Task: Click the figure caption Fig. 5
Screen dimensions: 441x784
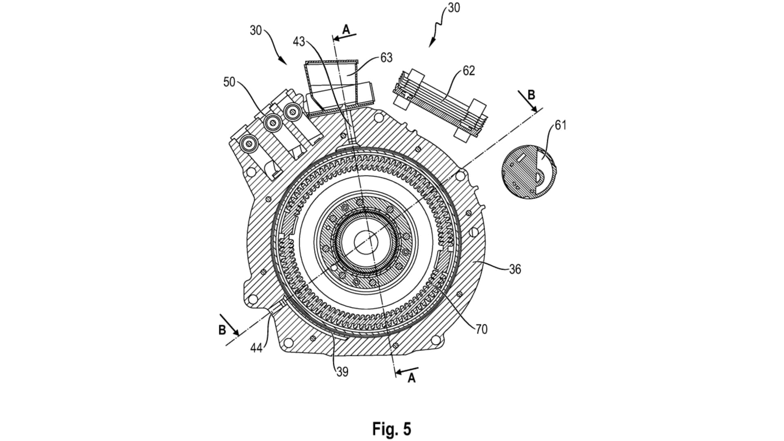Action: (391, 429)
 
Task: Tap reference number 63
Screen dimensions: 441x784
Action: (386, 58)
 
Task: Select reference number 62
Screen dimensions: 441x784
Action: (469, 71)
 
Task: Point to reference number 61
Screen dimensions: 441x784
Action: (561, 125)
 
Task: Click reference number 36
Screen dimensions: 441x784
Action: (515, 269)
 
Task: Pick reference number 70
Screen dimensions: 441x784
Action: (481, 329)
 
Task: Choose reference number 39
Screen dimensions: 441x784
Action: (342, 372)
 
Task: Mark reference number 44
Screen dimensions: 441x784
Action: (256, 348)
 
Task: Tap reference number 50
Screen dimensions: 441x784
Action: (229, 82)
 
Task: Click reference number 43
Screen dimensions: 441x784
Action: (299, 41)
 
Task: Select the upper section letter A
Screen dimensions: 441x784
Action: (346, 29)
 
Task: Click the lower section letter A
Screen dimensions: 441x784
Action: (412, 379)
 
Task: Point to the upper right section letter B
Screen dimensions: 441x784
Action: (531, 95)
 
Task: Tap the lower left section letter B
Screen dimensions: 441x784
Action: (222, 330)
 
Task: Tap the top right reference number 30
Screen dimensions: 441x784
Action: (454, 8)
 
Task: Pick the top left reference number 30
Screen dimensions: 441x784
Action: (256, 30)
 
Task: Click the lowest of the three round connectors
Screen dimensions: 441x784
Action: (247, 143)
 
